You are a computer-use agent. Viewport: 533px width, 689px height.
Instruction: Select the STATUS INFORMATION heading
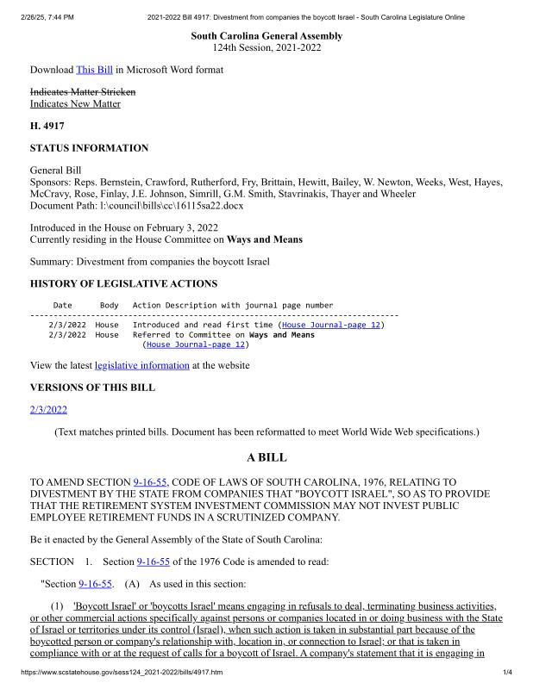pyautogui.click(x=89, y=148)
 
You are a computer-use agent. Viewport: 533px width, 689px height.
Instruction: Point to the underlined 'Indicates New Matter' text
pyautogui.click(x=75, y=104)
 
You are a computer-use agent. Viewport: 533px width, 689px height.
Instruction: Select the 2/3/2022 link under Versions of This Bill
pyautogui.click(x=48, y=409)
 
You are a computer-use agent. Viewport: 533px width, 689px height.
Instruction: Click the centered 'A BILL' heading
pyautogui.click(x=266, y=457)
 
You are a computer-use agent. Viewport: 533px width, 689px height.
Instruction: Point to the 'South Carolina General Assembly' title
pyautogui.click(x=266, y=36)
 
